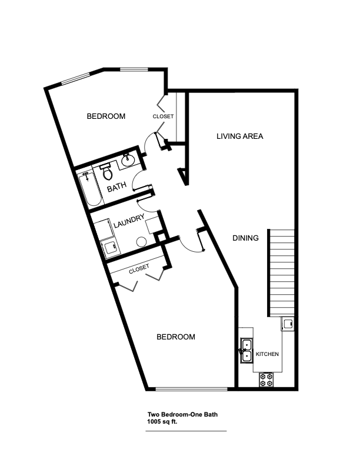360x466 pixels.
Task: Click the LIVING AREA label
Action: coord(239,137)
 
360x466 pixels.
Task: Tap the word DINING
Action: coord(245,238)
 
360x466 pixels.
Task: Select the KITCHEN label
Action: coord(266,354)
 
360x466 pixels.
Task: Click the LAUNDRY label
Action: coord(129,224)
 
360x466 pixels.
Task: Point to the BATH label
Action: coord(116,188)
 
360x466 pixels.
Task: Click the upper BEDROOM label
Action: coord(106,116)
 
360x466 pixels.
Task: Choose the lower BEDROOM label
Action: coord(175,337)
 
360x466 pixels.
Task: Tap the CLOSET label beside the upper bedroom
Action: coord(163,116)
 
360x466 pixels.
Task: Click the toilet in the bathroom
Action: coord(106,172)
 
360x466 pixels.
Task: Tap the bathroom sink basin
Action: coord(128,159)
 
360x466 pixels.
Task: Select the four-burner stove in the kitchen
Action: coord(266,380)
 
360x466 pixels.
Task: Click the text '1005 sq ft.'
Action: coord(162,421)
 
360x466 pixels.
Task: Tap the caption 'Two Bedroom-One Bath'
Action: coord(178,414)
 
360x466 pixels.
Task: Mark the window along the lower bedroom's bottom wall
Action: coord(192,389)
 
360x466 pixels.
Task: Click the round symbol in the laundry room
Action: coord(141,241)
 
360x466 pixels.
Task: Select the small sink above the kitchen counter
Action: coord(288,323)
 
